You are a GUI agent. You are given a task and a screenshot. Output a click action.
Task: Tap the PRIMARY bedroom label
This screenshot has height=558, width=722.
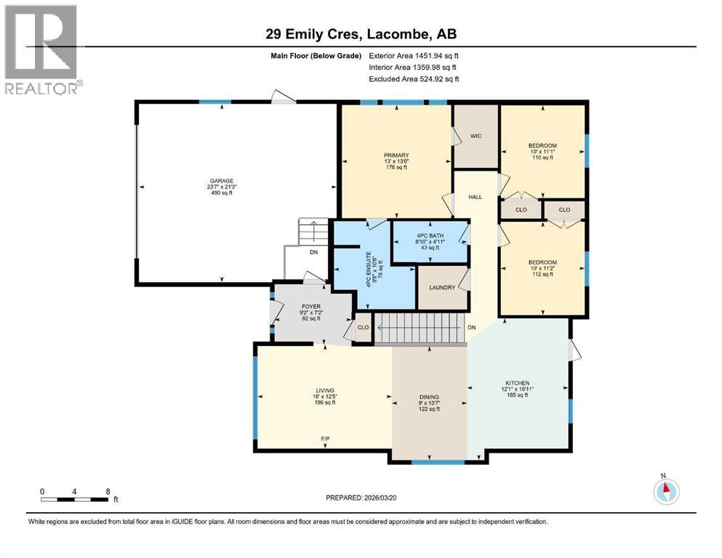(x=396, y=155)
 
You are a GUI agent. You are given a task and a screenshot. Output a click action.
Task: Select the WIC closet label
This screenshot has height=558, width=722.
(x=476, y=136)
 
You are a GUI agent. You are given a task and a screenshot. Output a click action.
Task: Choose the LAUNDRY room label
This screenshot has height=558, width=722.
(x=442, y=287)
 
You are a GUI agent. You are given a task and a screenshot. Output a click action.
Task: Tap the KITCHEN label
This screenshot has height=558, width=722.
(x=517, y=383)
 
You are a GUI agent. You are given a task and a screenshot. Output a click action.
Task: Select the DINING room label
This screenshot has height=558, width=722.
(x=429, y=397)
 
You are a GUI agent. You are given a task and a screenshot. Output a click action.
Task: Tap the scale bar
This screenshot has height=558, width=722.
(x=76, y=499)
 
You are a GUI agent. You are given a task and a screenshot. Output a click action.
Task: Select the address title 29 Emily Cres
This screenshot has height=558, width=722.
(x=361, y=34)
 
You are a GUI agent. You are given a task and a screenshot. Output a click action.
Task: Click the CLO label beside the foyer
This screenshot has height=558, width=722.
(x=363, y=328)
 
